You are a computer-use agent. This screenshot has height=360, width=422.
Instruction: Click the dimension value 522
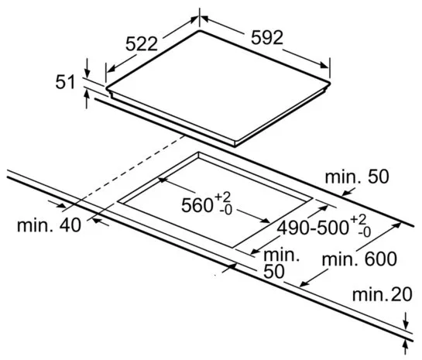(142, 44)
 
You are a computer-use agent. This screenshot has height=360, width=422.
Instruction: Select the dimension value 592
(267, 38)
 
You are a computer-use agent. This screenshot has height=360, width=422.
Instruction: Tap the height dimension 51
(65, 82)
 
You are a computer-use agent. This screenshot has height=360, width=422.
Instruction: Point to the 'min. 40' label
(49, 225)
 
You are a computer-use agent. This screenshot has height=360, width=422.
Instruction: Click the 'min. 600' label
(359, 259)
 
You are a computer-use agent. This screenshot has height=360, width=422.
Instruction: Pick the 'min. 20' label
(383, 295)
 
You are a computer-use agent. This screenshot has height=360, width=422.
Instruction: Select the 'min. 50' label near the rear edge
(357, 177)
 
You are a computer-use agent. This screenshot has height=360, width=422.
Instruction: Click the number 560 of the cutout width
(197, 206)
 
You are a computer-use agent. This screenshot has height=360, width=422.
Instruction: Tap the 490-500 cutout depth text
(314, 228)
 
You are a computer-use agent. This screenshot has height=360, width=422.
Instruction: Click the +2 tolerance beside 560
(222, 197)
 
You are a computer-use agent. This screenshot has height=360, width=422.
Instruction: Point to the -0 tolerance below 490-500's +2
(364, 232)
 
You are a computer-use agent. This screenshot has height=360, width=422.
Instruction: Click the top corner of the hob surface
(200, 31)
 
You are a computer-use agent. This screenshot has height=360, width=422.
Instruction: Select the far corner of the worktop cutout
(199, 153)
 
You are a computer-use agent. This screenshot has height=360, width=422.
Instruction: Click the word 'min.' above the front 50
(282, 255)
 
